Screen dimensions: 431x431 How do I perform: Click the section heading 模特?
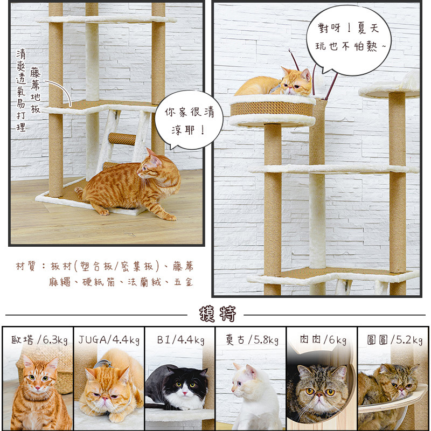click(x=218, y=314)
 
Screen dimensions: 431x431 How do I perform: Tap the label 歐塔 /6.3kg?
click(x=39, y=340)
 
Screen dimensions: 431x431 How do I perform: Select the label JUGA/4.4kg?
click(x=109, y=340)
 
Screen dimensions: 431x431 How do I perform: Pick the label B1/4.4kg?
click(x=180, y=340)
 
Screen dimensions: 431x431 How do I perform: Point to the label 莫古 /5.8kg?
click(x=252, y=340)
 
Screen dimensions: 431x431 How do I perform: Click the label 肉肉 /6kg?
click(x=323, y=340)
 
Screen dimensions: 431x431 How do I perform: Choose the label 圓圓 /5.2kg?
click(x=395, y=340)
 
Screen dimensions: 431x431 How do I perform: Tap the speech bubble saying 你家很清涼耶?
click(x=189, y=120)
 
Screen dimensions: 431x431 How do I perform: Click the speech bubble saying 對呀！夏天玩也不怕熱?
click(x=349, y=39)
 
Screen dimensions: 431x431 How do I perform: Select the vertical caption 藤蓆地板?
click(x=35, y=90)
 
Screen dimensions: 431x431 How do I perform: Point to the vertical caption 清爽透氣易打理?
click(x=21, y=91)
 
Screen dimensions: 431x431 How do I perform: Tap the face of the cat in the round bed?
click(x=296, y=82)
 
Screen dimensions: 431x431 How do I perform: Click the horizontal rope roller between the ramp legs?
click(x=122, y=139)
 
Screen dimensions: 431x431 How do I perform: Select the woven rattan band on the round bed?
click(x=272, y=109)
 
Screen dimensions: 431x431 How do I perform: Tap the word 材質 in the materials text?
click(x=26, y=266)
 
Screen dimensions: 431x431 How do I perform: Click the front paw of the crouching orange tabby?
click(x=104, y=211)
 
